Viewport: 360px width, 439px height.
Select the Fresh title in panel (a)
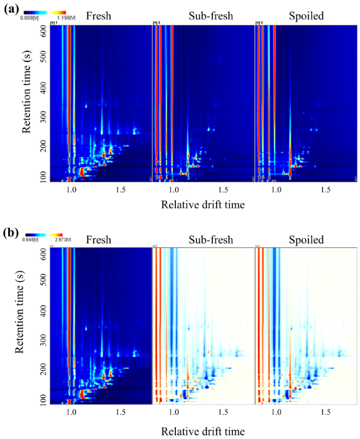click(98, 16)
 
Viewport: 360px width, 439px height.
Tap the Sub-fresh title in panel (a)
click(211, 16)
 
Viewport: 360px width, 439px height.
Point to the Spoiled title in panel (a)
click(306, 16)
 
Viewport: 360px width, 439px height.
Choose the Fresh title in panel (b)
click(98, 240)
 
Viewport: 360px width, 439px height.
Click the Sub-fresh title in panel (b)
click(211, 240)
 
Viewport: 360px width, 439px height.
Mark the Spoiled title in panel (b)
click(306, 240)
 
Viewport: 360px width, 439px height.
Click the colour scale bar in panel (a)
click(45, 11)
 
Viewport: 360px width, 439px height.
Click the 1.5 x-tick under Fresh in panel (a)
click(120, 189)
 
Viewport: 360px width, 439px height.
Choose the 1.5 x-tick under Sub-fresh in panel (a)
click(223, 189)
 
